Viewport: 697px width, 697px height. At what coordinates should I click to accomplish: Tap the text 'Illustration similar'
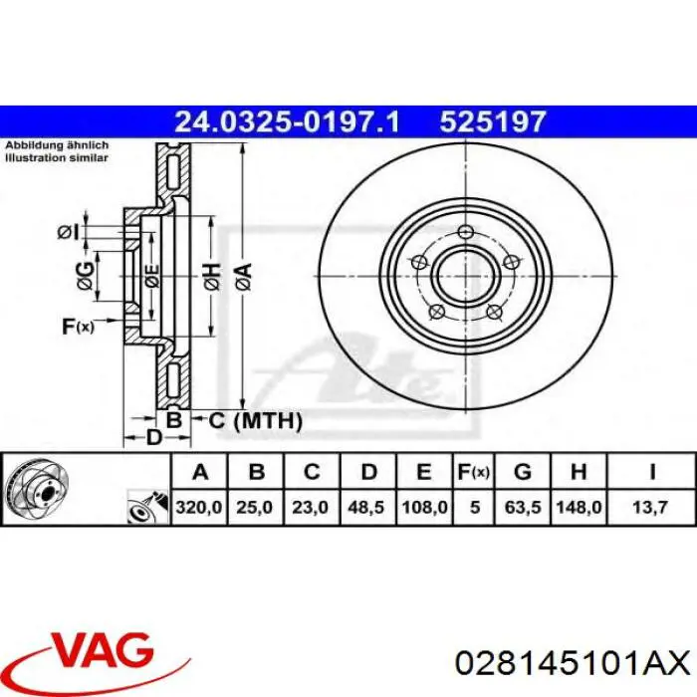point(57,156)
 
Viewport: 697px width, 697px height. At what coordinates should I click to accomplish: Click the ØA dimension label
point(243,273)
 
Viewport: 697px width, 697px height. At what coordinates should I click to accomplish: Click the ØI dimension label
point(68,232)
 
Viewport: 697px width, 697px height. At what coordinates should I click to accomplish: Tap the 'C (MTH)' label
point(255,421)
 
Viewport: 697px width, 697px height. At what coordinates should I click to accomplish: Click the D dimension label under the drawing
point(153,438)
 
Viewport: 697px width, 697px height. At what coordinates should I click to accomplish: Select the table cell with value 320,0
point(200,507)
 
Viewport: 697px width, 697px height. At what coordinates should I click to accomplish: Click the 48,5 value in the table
point(367,507)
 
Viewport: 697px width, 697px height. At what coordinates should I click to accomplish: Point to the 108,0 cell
point(423,507)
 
